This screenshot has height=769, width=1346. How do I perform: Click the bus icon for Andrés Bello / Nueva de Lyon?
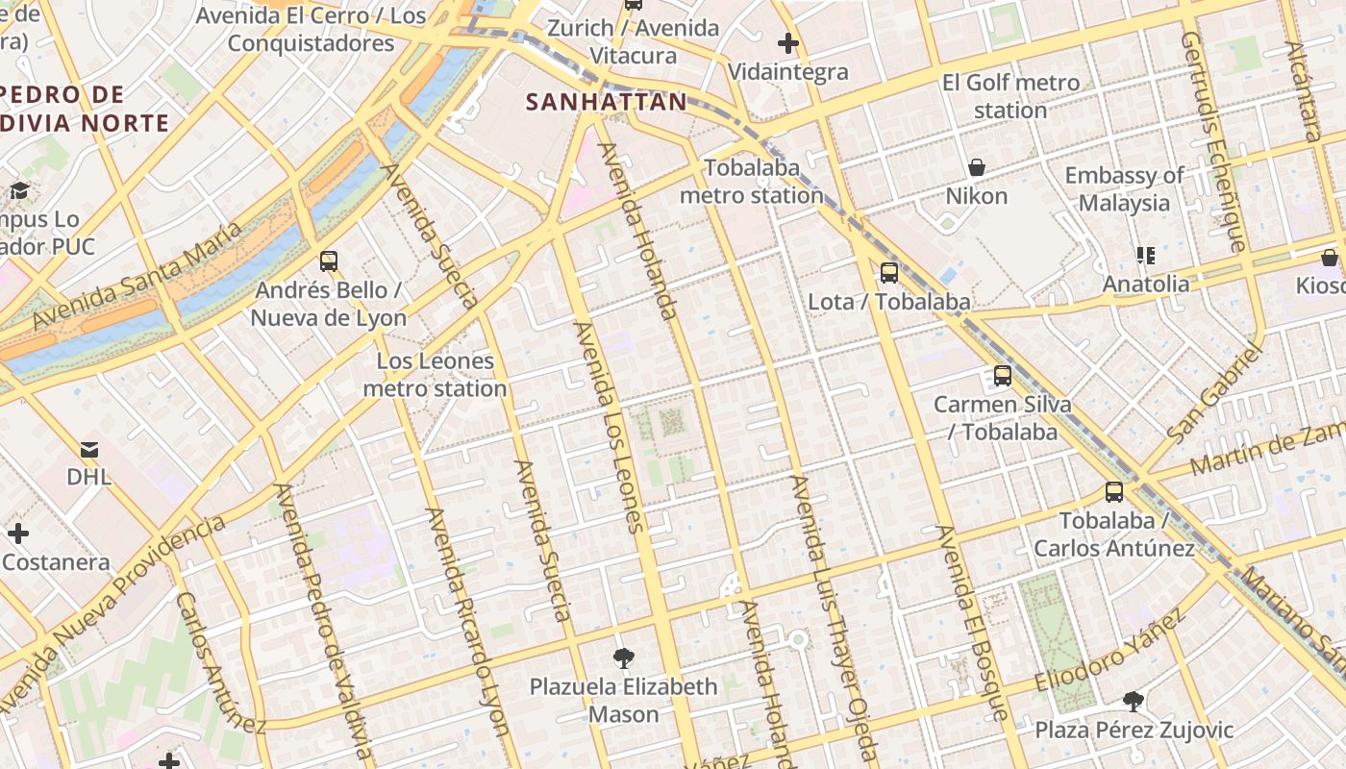tap(329, 260)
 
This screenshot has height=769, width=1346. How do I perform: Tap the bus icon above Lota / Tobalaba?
tap(889, 272)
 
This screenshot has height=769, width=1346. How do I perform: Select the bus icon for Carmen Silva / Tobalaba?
tap(1003, 376)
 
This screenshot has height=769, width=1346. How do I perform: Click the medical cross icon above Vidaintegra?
tap(788, 43)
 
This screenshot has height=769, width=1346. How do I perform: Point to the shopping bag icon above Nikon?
tap(977, 167)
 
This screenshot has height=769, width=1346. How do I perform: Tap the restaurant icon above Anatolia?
tap(1145, 255)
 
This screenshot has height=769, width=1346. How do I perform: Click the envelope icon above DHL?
tap(89, 448)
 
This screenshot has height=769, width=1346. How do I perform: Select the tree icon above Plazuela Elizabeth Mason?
tap(624, 658)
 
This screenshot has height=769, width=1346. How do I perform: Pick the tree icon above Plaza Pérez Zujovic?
tap(1134, 702)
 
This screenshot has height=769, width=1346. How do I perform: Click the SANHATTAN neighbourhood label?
tap(607, 102)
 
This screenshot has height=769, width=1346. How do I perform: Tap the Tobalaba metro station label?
tap(751, 182)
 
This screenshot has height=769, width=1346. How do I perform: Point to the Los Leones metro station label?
tap(435, 375)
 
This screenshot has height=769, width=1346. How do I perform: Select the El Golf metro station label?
tap(1010, 96)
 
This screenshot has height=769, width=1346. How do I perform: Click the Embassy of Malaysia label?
tap(1124, 189)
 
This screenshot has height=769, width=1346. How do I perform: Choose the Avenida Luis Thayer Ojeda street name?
tap(833, 615)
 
